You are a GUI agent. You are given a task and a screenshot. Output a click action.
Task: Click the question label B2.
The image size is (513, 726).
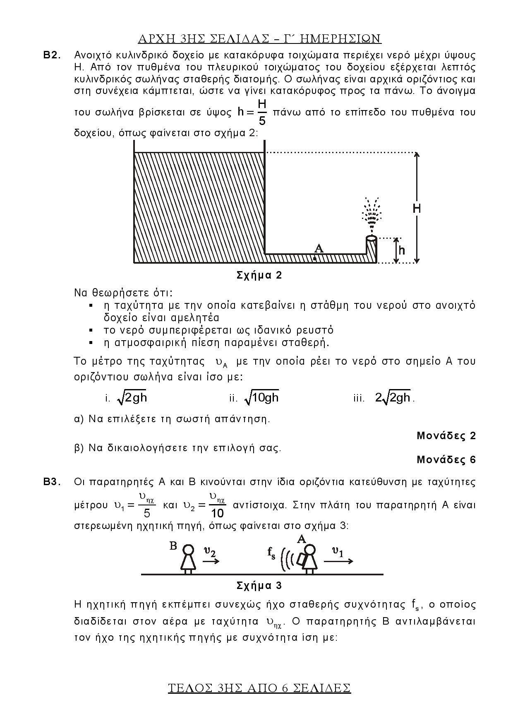coord(52,55)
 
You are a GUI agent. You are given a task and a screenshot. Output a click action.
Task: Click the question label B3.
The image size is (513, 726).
coord(52,482)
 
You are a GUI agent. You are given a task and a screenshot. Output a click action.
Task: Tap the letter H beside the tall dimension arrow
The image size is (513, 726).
coord(417,208)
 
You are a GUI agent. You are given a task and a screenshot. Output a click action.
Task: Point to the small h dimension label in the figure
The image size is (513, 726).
coord(402,250)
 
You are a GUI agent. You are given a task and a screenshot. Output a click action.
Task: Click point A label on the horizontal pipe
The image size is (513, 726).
coord(318,249)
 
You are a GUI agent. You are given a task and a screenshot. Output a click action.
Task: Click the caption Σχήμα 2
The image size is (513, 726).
coord(259,275)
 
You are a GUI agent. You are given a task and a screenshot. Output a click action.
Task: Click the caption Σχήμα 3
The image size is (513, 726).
coord(259,586)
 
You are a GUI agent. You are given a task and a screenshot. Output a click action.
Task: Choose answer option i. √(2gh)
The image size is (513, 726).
coord(127,398)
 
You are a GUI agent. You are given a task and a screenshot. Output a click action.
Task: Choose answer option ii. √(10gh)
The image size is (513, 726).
coord(254,398)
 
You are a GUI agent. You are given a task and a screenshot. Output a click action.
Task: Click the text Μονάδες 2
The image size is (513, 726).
coord(446,435)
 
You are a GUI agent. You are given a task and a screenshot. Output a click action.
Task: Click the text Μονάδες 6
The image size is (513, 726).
coord(446,459)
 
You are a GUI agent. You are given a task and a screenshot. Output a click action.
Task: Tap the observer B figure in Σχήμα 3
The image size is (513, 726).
coord(188,558)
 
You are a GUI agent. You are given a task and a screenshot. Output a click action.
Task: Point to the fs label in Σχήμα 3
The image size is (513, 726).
coord(271,553)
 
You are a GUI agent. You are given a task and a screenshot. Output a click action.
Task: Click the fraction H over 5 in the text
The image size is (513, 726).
coord(262,112)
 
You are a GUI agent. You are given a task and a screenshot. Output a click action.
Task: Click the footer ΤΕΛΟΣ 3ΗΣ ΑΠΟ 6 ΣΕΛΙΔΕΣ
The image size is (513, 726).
coord(259,688)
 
